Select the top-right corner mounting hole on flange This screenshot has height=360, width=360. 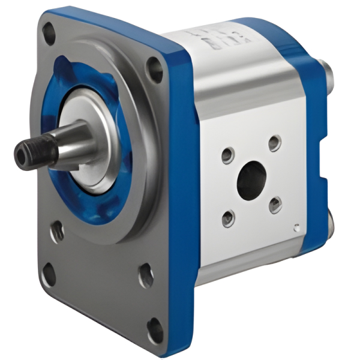(155, 68)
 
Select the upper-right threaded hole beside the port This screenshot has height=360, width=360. (274, 143)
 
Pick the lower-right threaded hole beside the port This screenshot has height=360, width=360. (275, 205)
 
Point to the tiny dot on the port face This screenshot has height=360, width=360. (295, 226)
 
